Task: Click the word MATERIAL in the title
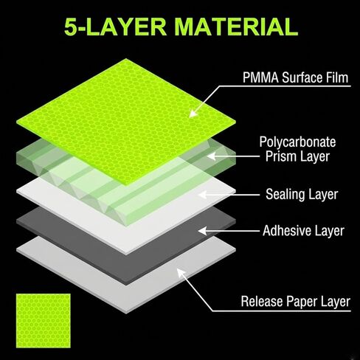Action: pos(236,27)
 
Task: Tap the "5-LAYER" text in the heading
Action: pos(115,27)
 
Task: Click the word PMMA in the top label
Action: pos(260,77)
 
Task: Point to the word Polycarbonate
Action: pos(297,142)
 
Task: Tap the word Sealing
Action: pos(285,195)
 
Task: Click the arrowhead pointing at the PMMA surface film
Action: pos(193,114)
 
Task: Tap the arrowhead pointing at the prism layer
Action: pos(212,156)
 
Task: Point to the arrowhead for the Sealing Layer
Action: pos(203,195)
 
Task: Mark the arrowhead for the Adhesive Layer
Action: pos(203,231)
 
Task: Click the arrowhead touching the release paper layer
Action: pos(181,272)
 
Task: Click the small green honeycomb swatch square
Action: pos(44,321)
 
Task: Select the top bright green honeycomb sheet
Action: pos(126,122)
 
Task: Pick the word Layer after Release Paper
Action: pos(335,302)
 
